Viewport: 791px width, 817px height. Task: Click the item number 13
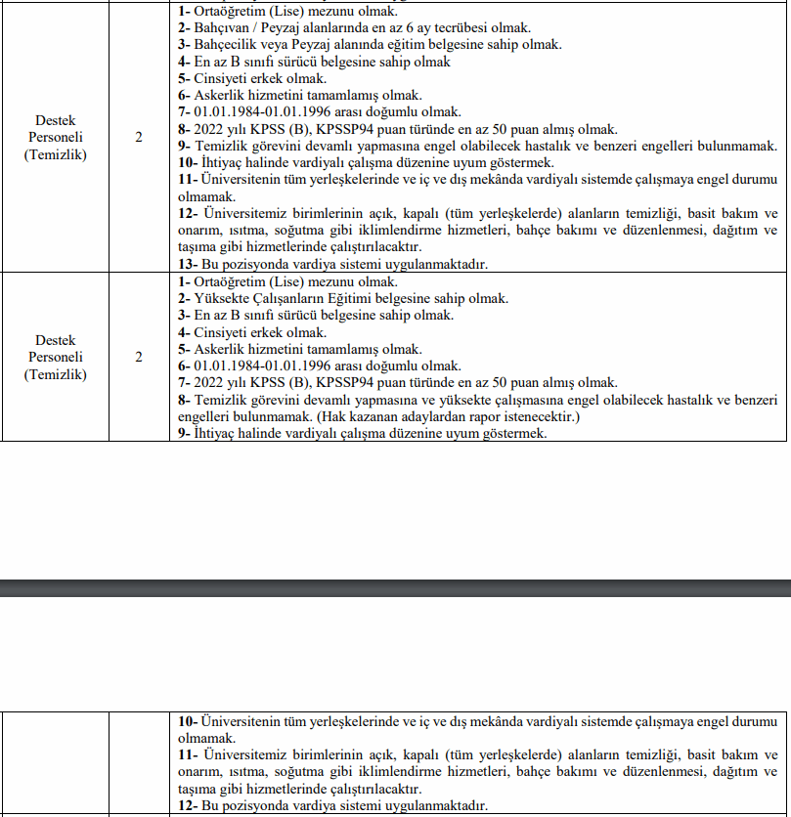[187, 264]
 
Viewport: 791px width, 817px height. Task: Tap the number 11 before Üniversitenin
[187, 180]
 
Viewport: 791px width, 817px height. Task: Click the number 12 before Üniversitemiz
[187, 214]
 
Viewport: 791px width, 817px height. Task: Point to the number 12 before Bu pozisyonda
[187, 806]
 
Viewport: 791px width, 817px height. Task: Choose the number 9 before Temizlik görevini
[183, 147]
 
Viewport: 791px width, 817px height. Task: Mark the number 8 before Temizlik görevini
[183, 400]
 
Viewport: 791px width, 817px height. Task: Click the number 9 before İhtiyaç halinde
[183, 434]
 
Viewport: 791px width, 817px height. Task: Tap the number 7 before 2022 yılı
[183, 383]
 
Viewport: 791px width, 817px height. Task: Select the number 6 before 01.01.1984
[183, 366]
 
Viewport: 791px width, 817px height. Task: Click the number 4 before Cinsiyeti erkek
[183, 332]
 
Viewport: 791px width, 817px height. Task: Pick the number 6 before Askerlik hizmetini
[183, 96]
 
